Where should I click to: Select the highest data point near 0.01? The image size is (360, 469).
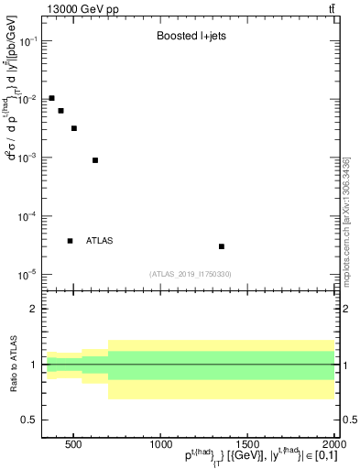pos(51,98)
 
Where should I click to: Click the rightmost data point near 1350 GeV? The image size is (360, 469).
pos(222,246)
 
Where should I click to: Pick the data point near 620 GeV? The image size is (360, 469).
pos(95,160)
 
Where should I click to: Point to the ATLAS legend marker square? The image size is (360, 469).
pos(70,241)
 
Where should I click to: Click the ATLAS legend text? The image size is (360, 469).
pos(99,241)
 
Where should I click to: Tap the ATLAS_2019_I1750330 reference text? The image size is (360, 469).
pos(191,273)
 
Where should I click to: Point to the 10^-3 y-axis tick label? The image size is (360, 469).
pos(27,158)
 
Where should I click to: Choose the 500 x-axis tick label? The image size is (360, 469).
pos(76,444)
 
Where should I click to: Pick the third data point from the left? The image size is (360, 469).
pos(73,128)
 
